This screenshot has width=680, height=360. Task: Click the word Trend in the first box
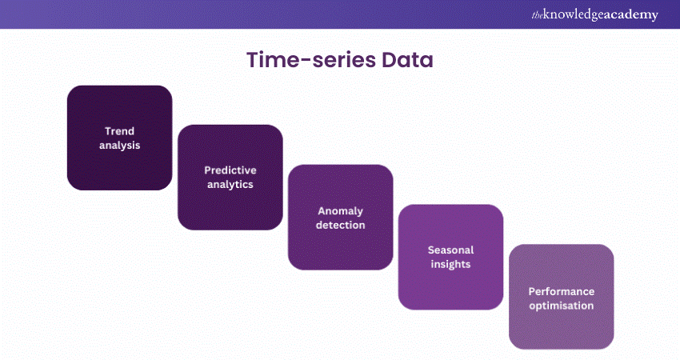(120, 131)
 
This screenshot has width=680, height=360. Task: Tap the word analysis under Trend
(120, 146)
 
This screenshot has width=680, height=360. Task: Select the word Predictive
(230, 170)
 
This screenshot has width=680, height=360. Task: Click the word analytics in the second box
(230, 184)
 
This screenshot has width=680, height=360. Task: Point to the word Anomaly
(341, 211)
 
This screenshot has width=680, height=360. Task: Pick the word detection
(341, 225)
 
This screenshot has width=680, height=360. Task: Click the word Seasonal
(450, 250)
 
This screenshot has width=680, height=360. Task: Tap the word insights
(450, 264)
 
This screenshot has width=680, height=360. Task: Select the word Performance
(561, 291)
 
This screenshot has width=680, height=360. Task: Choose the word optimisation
(561, 306)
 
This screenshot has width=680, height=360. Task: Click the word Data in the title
(407, 60)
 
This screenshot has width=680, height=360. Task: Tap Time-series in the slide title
(311, 60)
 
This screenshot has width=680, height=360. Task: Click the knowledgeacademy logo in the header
(594, 14)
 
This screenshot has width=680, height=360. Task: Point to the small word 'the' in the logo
(537, 16)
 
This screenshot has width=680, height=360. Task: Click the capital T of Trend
(108, 131)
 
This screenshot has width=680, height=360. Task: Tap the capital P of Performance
(532, 291)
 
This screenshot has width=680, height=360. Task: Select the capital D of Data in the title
(389, 60)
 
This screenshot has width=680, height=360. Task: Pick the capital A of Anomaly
(322, 210)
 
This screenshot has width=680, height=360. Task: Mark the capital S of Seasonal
(431, 250)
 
